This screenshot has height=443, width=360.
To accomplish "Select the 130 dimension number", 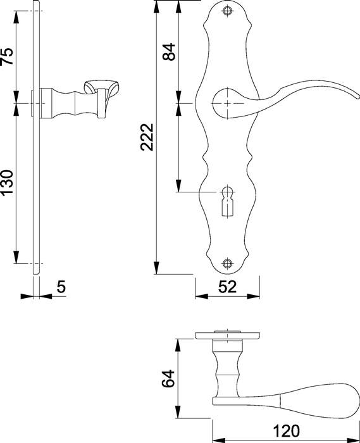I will pos(7,184).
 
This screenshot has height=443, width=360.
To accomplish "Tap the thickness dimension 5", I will pos(61,287).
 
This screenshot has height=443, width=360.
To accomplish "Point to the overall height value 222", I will pos(147,136).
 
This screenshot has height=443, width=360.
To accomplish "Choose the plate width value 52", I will pos(227,287).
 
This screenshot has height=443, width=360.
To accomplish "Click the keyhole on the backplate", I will pos(227,196).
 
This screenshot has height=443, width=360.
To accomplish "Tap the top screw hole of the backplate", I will pos(227,11).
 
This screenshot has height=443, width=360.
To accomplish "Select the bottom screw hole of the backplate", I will pos(227,263).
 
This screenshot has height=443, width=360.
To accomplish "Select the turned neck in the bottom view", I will pos(227,370).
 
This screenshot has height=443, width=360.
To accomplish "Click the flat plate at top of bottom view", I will pos(227,335).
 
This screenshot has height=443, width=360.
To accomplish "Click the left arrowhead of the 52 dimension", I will pos(198,296).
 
